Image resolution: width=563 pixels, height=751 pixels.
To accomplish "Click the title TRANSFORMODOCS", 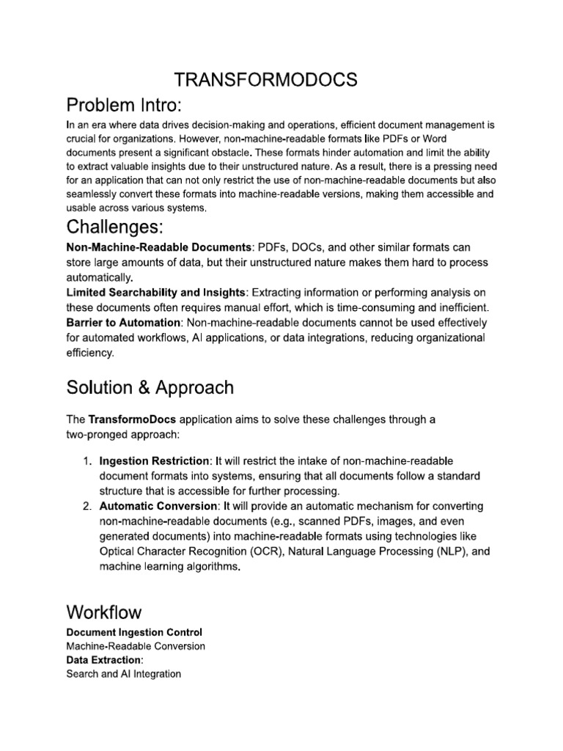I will pos(281,81).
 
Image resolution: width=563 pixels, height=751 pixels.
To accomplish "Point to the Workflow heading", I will pos(104,612).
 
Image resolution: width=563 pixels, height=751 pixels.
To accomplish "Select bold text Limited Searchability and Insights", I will pos(156,293).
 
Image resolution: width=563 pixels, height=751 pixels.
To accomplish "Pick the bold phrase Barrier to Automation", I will pos(123,323).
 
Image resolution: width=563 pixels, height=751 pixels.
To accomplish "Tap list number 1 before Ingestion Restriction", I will pos(86,461).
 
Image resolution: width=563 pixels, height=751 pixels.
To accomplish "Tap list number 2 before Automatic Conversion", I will pos(86,507).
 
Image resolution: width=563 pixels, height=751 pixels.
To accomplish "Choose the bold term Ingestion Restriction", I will pos(154,461).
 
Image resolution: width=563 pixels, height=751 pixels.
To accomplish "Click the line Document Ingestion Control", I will pos(134,632).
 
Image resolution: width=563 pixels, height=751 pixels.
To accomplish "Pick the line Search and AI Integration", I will pos(123,674).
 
